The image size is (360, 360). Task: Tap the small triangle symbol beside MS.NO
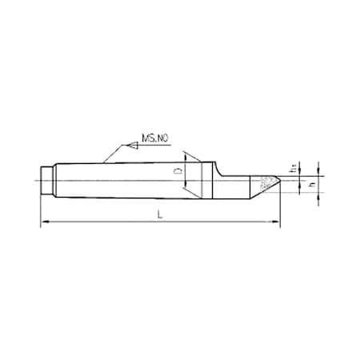[x=127, y=147]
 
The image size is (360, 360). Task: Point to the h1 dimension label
[x=294, y=168]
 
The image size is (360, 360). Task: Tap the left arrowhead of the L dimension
[x=45, y=222]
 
